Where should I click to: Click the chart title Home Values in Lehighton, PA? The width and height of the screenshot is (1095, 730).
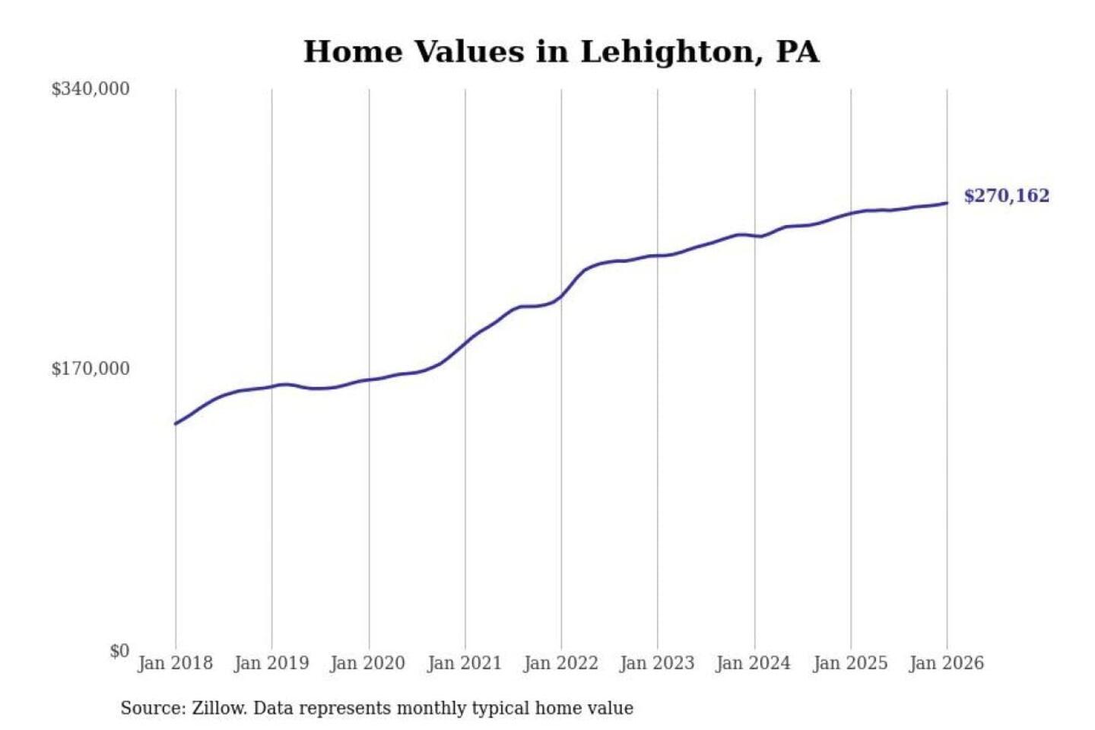pyautogui.click(x=561, y=52)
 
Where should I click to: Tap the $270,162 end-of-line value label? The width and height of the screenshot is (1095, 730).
pyautogui.click(x=1006, y=196)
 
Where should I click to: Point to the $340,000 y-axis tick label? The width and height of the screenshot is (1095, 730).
pyautogui.click(x=90, y=89)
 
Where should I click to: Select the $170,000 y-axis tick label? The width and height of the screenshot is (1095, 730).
pyautogui.click(x=90, y=369)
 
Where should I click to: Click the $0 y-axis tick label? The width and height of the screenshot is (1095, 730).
pyautogui.click(x=119, y=651)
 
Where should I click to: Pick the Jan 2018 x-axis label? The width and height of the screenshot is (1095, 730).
pyautogui.click(x=176, y=663)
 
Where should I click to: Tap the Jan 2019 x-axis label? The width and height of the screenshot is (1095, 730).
pyautogui.click(x=271, y=663)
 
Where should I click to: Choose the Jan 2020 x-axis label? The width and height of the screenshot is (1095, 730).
pyautogui.click(x=368, y=663)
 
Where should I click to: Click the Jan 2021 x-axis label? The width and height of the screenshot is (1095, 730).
pyautogui.click(x=465, y=663)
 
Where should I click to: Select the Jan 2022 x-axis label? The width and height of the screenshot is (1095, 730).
pyautogui.click(x=561, y=663)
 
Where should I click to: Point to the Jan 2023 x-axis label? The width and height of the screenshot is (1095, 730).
pyautogui.click(x=658, y=663)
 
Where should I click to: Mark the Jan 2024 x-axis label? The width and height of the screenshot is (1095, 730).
pyautogui.click(x=754, y=663)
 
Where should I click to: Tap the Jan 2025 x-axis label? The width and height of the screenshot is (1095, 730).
pyautogui.click(x=850, y=663)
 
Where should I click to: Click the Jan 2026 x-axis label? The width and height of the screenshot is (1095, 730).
pyautogui.click(x=947, y=663)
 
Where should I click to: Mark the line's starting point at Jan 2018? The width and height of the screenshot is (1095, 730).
pyautogui.click(x=176, y=424)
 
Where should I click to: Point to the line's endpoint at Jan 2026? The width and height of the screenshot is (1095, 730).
pyautogui.click(x=947, y=203)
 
